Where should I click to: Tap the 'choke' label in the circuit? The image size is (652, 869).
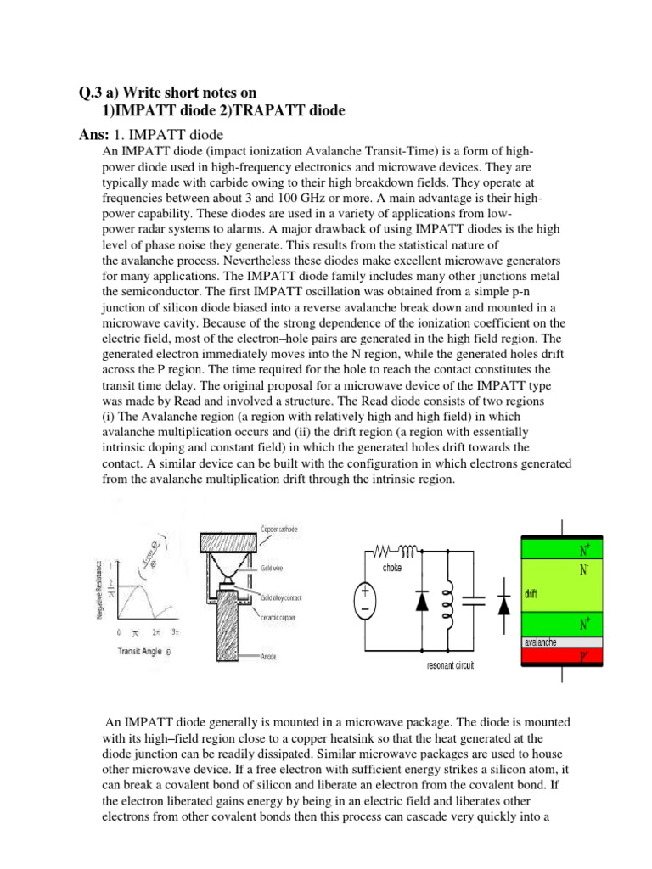click(392, 567)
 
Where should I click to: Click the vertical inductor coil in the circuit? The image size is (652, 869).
click(443, 603)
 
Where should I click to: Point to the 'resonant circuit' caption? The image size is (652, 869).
click(450, 665)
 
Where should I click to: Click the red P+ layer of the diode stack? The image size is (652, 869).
click(561, 656)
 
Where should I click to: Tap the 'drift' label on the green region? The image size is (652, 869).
click(531, 594)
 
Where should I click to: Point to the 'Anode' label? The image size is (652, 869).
click(266, 656)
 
